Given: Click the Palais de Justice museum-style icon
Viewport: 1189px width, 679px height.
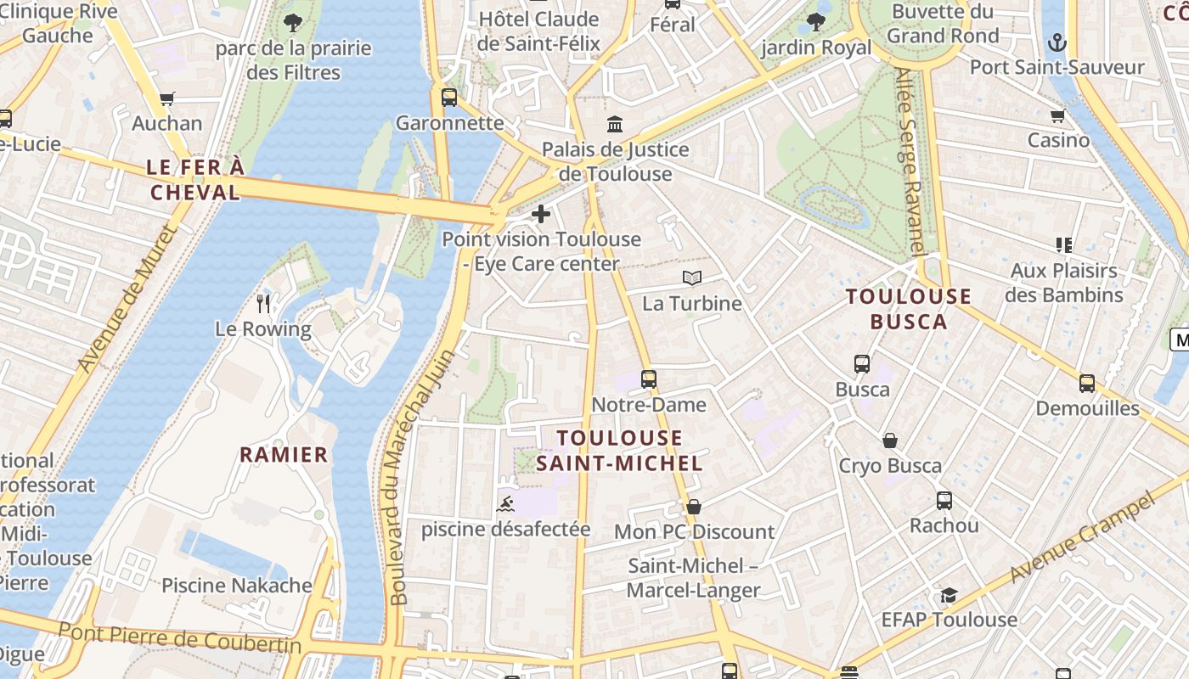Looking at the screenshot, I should [615, 125].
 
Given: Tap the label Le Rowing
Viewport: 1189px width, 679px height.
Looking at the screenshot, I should [262, 329].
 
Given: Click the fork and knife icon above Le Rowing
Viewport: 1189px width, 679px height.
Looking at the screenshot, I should [263, 303].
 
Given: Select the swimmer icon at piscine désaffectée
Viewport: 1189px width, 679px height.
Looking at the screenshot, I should [505, 504].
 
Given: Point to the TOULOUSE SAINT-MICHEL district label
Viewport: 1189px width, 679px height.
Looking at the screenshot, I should [631, 451].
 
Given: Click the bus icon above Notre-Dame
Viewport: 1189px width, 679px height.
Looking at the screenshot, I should [649, 379].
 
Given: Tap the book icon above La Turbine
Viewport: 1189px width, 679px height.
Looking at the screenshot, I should [692, 278].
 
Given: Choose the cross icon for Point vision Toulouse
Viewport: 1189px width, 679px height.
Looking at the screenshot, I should [540, 214].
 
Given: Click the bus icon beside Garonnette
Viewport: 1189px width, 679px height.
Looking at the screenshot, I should [449, 98].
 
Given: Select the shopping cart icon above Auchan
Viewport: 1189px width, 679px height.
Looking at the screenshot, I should [167, 98].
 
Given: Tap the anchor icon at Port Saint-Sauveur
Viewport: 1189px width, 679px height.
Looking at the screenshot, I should [1057, 42].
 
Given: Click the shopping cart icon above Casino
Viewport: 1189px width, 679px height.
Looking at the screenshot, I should [1057, 115].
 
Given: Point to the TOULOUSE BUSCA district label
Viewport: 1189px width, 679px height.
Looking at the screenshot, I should [909, 309].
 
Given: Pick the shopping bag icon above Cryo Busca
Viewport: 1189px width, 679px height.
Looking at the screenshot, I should [890, 441].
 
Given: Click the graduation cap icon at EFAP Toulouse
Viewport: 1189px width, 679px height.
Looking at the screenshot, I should [949, 595].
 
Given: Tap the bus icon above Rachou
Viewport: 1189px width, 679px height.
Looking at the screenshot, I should [944, 501].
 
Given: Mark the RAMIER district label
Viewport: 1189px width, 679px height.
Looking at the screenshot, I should [284, 455].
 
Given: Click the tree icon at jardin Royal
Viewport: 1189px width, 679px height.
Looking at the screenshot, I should [816, 22].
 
